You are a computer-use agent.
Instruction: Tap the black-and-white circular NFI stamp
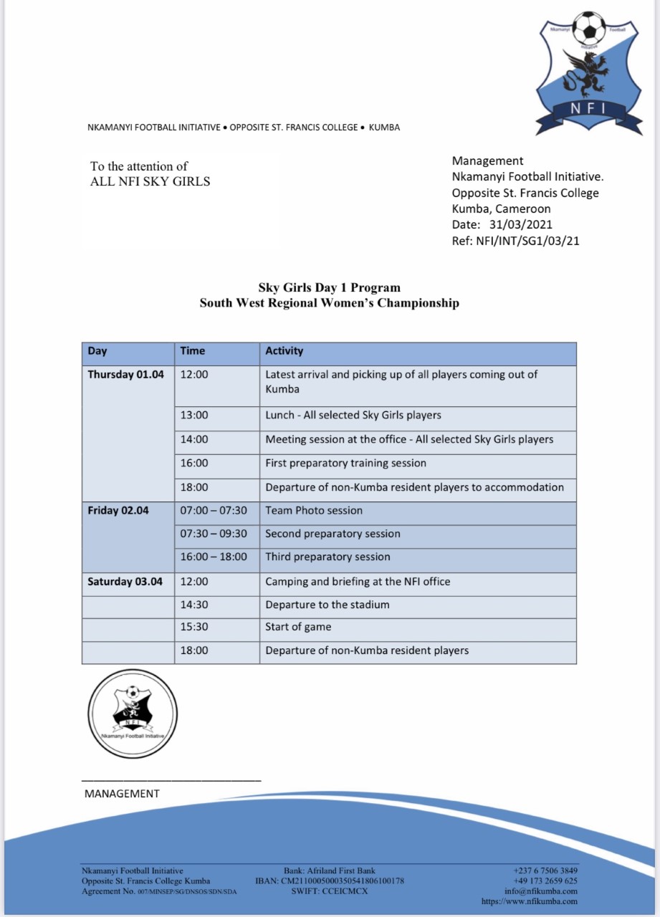tap(133, 714)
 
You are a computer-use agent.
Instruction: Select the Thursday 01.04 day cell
tap(126, 375)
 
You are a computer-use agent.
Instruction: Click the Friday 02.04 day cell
tap(118, 511)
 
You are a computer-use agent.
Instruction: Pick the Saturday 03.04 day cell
tap(125, 582)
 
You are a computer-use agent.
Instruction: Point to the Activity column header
tap(284, 351)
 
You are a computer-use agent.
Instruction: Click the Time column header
tap(193, 351)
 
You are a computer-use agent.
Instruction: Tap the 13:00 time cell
tap(194, 416)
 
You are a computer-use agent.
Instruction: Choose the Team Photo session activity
tap(314, 511)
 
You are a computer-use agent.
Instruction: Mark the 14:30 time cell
tap(194, 605)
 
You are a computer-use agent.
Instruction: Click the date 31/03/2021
tap(526, 225)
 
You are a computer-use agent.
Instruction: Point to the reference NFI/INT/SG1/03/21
tap(527, 241)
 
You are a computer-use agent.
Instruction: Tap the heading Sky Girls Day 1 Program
tap(329, 288)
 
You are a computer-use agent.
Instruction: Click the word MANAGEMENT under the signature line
tap(122, 794)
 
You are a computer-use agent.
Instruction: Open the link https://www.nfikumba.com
tap(530, 901)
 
